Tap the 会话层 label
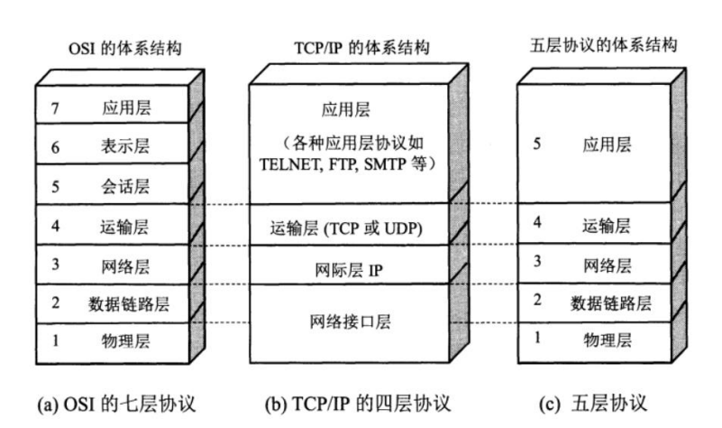click(x=126, y=187)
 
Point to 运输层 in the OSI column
click(x=126, y=227)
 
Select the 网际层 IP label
click(x=347, y=268)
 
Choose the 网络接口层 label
click(x=347, y=321)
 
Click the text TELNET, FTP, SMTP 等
click(x=347, y=165)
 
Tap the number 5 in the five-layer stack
click(x=537, y=144)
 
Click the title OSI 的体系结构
click(x=126, y=47)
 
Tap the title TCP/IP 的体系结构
click(x=347, y=47)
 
